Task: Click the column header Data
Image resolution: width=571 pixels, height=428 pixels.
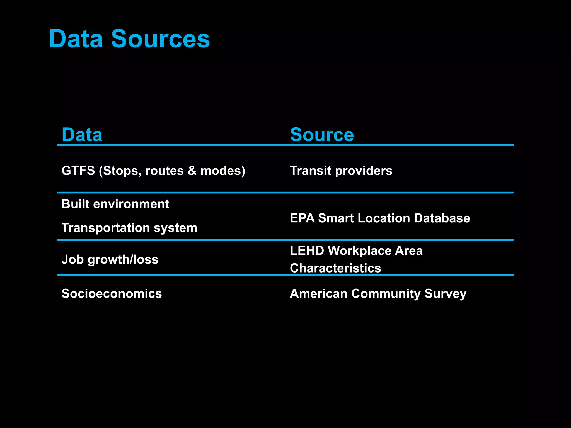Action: tap(82, 135)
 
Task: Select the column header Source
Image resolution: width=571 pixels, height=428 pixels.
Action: tap(322, 135)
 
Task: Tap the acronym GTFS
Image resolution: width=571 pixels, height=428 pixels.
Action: tap(78, 171)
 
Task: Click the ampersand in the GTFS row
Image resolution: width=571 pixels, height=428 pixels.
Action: tap(192, 171)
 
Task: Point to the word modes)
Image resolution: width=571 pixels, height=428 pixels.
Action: tap(222, 171)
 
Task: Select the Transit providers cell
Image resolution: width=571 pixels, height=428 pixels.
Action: tap(341, 171)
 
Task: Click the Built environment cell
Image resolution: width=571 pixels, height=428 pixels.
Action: tap(115, 204)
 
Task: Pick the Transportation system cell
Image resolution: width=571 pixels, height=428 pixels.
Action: tap(129, 228)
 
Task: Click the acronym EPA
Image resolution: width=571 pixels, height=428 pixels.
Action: tap(302, 218)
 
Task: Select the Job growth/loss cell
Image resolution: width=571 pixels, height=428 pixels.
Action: tap(110, 259)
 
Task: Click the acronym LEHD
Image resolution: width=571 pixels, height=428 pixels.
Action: tap(307, 251)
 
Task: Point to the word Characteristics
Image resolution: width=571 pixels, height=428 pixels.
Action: tap(335, 268)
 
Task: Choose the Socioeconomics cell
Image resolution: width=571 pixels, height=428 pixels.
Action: tap(112, 294)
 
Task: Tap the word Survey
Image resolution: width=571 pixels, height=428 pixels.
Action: tap(445, 294)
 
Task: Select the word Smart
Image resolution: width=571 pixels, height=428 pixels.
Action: tap(336, 218)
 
